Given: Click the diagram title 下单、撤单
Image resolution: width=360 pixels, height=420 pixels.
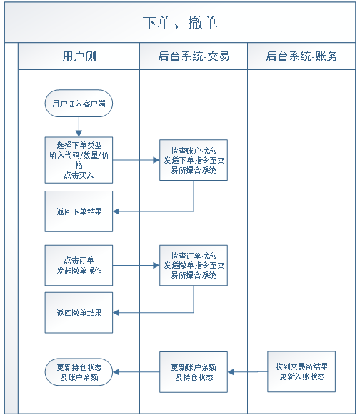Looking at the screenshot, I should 180,22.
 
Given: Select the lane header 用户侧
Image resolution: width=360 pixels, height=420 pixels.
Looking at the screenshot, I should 79,56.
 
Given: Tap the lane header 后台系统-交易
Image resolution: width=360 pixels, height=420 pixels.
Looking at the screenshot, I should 194,56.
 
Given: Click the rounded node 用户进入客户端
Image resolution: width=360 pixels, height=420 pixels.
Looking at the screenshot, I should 79,104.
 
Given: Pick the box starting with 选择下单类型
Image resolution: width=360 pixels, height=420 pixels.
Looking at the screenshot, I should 79,159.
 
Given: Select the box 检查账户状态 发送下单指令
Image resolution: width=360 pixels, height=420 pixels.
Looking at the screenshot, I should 193,161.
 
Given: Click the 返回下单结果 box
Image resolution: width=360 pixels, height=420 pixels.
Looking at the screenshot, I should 79,211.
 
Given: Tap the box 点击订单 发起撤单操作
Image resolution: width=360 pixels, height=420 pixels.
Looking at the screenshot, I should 79,266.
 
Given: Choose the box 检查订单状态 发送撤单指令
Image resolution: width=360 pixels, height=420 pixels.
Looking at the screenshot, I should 193,265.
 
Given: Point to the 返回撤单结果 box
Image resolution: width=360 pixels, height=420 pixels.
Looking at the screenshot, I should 79,312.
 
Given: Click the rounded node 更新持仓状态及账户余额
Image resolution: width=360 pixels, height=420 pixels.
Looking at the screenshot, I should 79,371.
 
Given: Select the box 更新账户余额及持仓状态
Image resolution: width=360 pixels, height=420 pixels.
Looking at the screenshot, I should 193,371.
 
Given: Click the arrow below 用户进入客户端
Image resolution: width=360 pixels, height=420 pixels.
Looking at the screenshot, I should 79,127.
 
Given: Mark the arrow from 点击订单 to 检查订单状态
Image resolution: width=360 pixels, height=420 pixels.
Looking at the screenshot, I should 136,265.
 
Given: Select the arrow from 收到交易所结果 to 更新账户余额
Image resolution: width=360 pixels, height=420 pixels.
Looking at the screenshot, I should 248,371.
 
